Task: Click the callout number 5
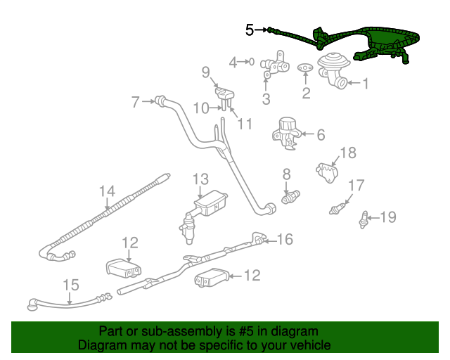coord(250,30)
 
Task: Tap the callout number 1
coord(366,84)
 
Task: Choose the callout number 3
coord(266,99)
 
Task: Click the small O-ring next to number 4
coord(251,63)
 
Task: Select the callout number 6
coord(321,134)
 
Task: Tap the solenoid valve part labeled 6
coord(286,133)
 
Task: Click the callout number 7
coord(136,103)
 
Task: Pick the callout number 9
coord(206,71)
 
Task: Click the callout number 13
coord(201,179)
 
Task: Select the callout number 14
coord(106,191)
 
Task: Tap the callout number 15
coord(71,285)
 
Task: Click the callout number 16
coord(284,240)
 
